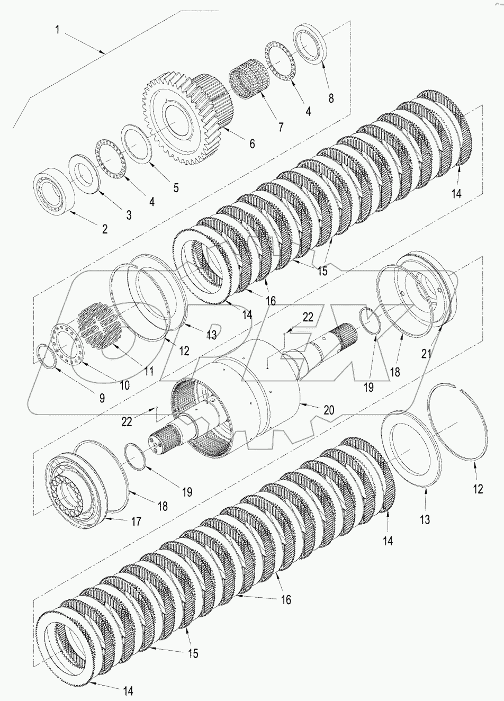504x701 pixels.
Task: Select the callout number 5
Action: (x=176, y=187)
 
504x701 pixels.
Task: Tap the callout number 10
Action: (x=124, y=385)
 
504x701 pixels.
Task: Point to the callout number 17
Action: (x=136, y=522)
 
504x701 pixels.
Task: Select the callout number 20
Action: (x=329, y=410)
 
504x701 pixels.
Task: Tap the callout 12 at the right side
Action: (x=478, y=490)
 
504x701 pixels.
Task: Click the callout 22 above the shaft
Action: (x=308, y=317)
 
